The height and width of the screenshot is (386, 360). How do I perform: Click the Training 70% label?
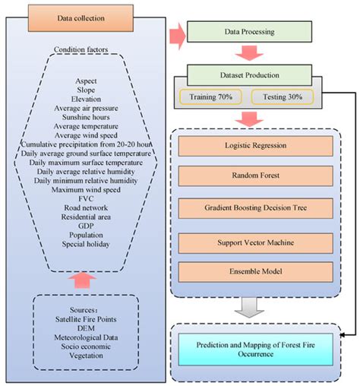(x=210, y=97)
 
